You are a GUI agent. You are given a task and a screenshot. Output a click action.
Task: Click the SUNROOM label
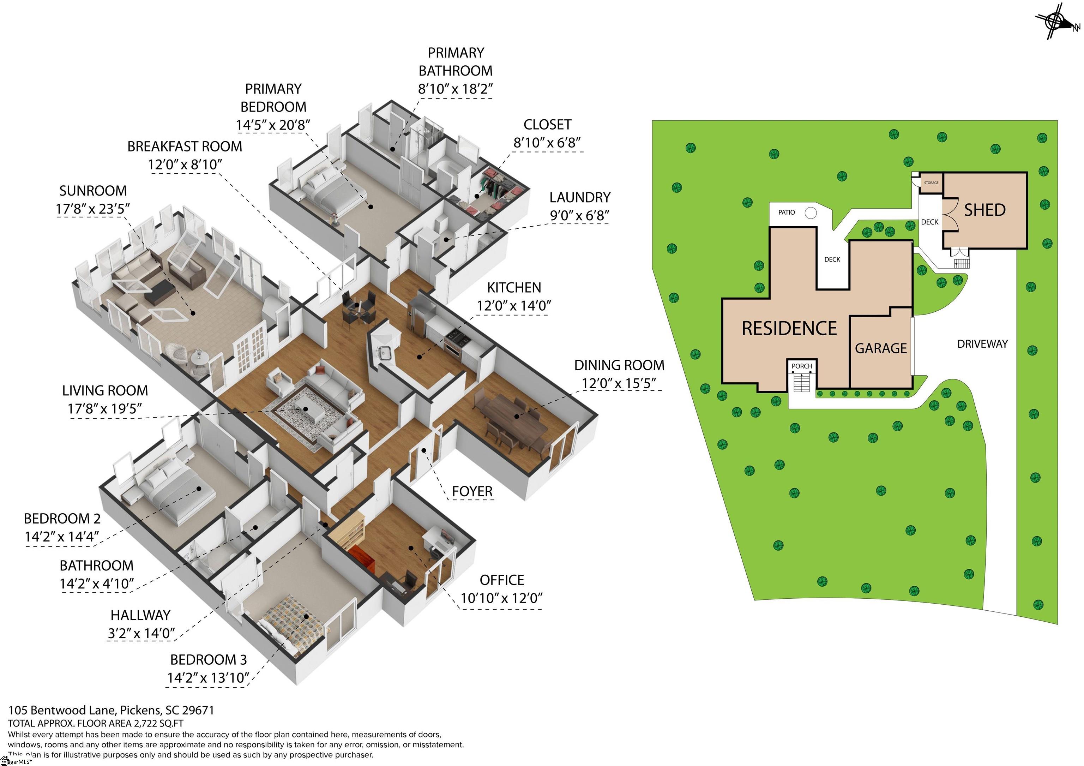93,191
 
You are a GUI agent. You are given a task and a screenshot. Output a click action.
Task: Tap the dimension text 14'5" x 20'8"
273,125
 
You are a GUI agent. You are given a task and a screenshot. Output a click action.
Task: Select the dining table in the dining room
512,418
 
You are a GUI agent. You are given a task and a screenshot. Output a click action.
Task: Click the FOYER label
472,492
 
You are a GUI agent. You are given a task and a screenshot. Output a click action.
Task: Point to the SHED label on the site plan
984,210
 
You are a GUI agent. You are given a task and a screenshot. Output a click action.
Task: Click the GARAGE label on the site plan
880,348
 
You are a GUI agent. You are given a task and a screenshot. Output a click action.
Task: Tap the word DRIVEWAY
982,344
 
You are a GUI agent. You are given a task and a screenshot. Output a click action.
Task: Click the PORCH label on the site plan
802,366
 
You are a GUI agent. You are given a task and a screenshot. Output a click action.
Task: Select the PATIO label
786,213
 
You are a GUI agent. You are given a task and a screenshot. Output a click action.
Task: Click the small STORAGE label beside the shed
931,183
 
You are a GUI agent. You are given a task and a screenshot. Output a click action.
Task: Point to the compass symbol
1056,21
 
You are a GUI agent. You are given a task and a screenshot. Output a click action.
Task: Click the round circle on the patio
810,213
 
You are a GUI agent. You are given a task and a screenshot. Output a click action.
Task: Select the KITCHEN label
514,288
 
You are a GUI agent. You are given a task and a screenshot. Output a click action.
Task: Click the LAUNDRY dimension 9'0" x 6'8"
579,216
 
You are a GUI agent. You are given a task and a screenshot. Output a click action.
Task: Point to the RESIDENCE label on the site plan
789,328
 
